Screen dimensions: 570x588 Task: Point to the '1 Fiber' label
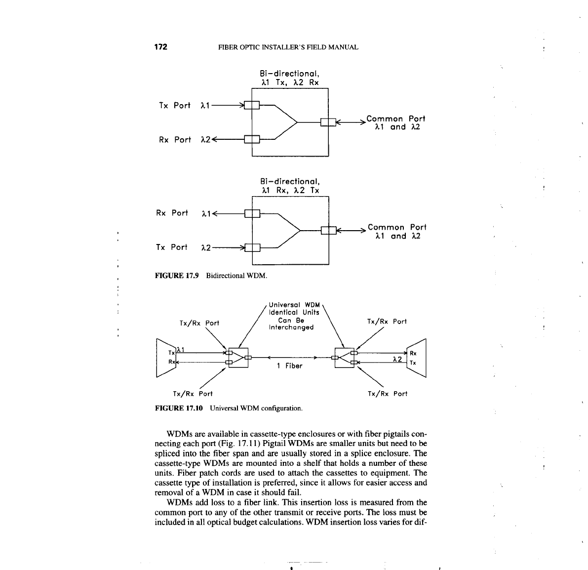coord(289,366)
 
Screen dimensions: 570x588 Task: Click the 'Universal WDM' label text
coord(294,304)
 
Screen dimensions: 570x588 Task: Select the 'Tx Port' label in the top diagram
coord(174,105)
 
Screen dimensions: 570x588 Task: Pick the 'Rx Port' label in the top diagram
coord(175,140)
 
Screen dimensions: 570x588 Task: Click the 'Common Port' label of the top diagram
coord(395,119)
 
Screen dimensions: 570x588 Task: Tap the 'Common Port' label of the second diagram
coord(397,227)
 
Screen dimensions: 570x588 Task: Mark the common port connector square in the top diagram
coord(328,122)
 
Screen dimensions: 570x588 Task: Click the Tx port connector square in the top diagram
coord(252,105)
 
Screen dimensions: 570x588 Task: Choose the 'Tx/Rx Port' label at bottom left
coord(193,394)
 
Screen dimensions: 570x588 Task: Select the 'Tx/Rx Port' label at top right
coord(387,322)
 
